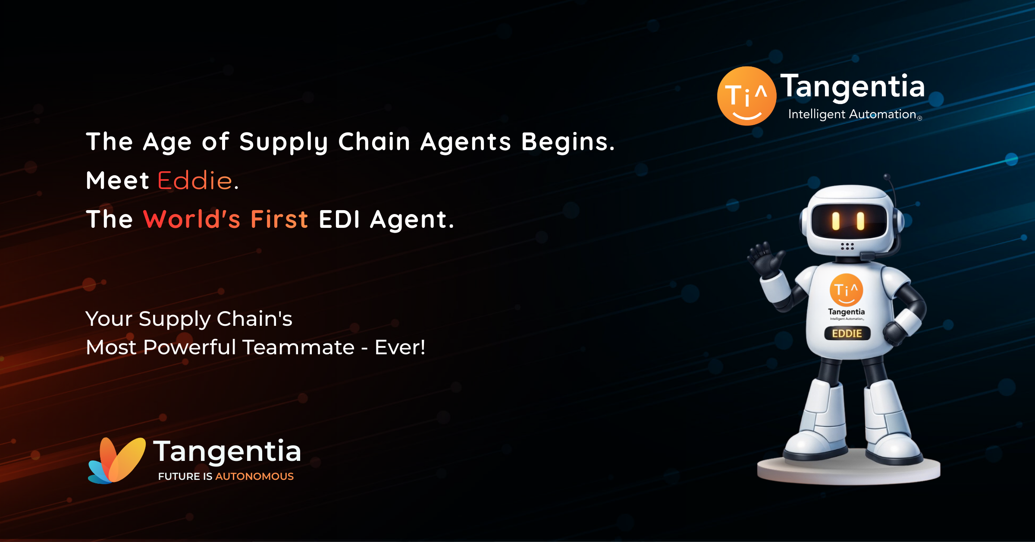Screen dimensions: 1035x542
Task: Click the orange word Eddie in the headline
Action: (x=195, y=180)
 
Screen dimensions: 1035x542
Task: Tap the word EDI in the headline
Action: (x=339, y=219)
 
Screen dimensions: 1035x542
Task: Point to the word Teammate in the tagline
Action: (x=298, y=347)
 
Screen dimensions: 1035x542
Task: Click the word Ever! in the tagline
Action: (x=400, y=347)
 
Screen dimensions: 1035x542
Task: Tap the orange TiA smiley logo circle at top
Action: (x=746, y=96)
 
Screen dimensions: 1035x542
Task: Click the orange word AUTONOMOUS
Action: (x=254, y=476)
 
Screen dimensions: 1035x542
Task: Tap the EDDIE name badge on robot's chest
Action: (x=847, y=334)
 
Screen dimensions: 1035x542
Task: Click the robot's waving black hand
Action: (x=766, y=259)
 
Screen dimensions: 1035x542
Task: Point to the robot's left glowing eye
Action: (x=836, y=221)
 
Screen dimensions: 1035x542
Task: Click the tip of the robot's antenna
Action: (x=887, y=176)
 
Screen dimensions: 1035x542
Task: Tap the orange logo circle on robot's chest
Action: (x=847, y=290)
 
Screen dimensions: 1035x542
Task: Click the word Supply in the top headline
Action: (x=284, y=142)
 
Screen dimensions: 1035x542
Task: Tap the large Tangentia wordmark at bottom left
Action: (x=227, y=451)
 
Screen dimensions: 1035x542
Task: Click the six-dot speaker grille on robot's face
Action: (x=847, y=246)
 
